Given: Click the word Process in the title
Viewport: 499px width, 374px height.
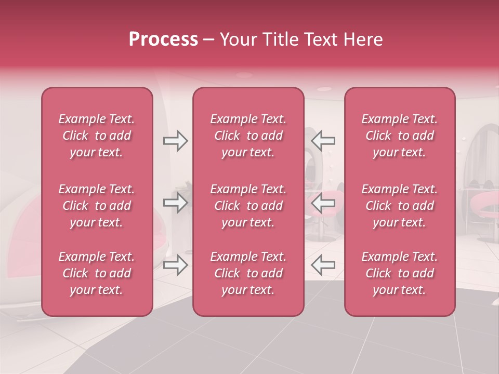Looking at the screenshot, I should coord(163,39).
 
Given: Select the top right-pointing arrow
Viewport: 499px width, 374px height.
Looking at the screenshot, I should coord(176,141).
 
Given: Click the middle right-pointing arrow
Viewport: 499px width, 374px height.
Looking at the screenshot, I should coord(176,203).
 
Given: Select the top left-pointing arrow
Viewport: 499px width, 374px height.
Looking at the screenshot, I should coord(323,141).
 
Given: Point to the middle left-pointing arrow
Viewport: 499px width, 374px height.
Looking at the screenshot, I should coord(323,203).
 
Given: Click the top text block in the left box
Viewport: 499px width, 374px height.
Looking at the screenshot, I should coord(97,136).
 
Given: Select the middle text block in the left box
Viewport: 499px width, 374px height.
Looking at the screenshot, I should coord(97,206).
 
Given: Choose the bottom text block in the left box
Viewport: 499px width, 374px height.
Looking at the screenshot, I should coord(97,273).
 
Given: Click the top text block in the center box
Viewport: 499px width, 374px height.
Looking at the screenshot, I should coord(248,136).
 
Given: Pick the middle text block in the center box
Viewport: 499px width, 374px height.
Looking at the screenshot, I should coord(248,206).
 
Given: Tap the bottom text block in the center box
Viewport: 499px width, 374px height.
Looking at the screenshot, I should coord(248,273).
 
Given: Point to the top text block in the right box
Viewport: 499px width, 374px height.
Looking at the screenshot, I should coord(400,136).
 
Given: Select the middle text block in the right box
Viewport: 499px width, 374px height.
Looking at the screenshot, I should coord(400,206).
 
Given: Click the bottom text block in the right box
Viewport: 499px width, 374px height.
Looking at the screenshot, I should coord(400,273).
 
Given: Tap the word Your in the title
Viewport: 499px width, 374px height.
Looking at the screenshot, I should coord(237,39).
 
